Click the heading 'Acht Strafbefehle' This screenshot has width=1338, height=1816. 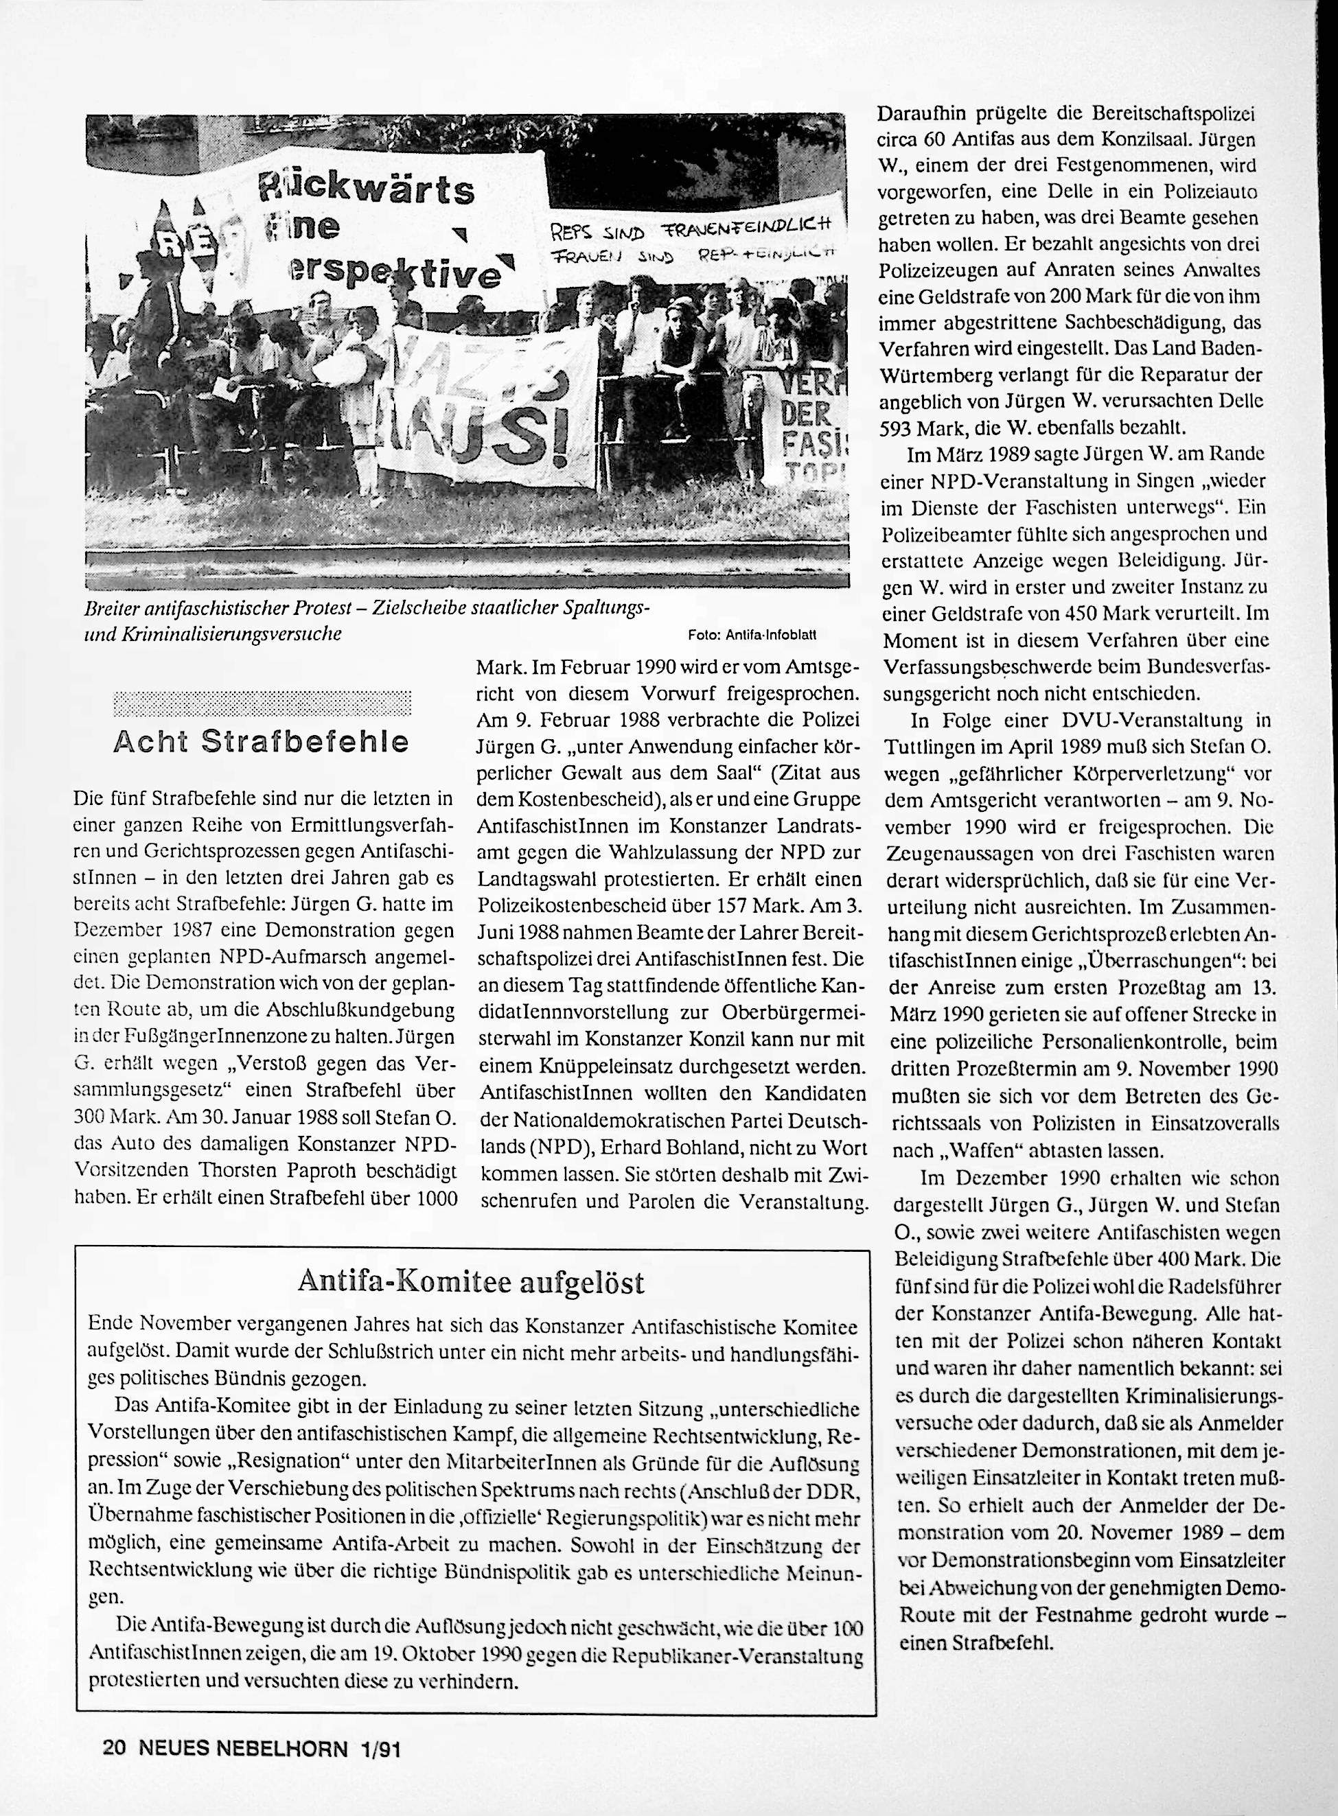(x=262, y=742)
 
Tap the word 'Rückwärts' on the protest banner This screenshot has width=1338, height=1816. (x=365, y=189)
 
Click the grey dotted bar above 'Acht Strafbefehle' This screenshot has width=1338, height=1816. (x=262, y=703)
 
